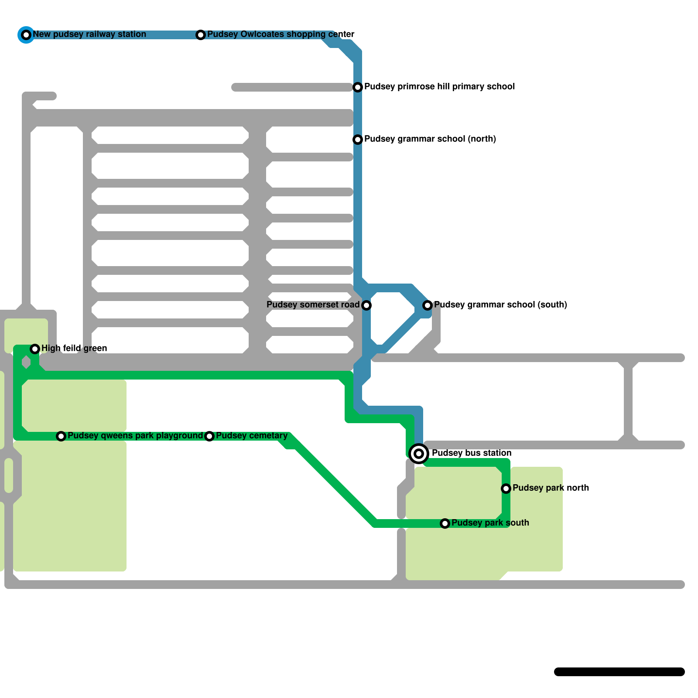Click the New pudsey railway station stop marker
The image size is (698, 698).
[26, 35]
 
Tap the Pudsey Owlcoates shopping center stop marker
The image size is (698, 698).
[201, 35]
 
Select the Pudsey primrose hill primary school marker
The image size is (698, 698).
[358, 87]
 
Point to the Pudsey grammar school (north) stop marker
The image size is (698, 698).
[358, 140]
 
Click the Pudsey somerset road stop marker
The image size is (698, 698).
[366, 305]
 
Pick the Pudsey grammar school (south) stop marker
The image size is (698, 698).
[428, 305]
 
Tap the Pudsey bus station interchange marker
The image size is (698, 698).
[419, 454]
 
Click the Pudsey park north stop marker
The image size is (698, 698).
[506, 489]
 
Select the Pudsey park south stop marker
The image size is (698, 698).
[445, 523]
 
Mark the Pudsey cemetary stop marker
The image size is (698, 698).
[209, 436]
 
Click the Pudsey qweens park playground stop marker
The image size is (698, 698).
[61, 436]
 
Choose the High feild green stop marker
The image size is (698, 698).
[35, 349]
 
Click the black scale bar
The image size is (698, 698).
[619, 672]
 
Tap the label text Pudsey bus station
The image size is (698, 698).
[471, 453]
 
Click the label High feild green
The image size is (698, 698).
[74, 348]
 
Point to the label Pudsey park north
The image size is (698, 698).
[551, 488]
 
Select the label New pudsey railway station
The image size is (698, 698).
[89, 34]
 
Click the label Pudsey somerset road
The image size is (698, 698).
[313, 305]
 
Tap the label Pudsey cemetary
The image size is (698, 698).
[252, 435]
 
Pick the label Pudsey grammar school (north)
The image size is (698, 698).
[430, 139]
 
